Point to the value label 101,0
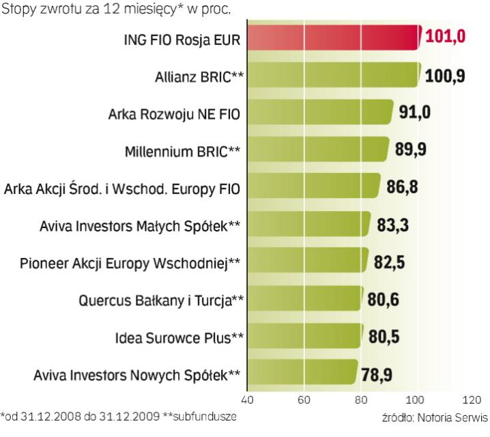(445, 37)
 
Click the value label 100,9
(445, 74)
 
